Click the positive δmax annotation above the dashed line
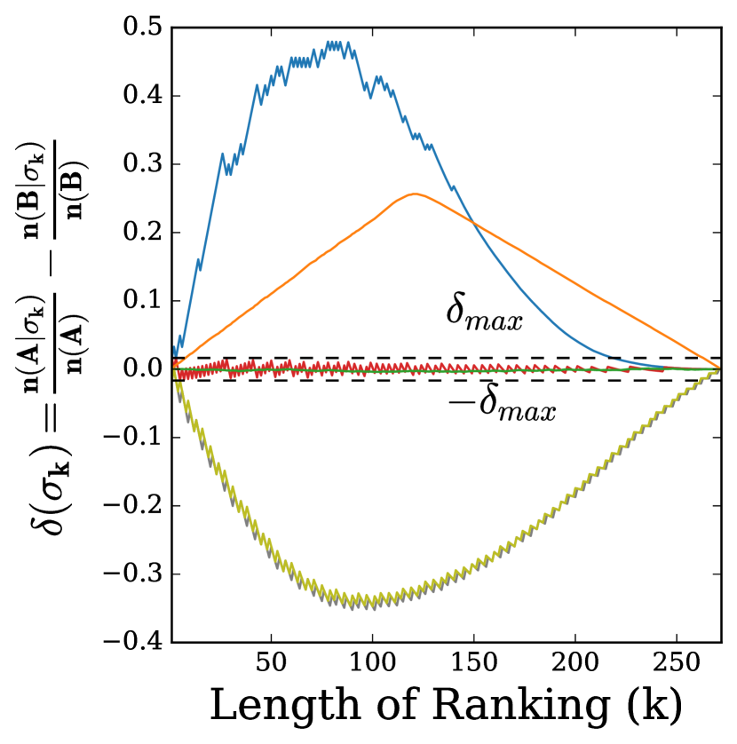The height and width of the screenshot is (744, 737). point(483,316)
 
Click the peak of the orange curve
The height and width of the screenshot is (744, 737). point(414,194)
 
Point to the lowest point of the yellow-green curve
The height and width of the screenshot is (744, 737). point(351,605)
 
